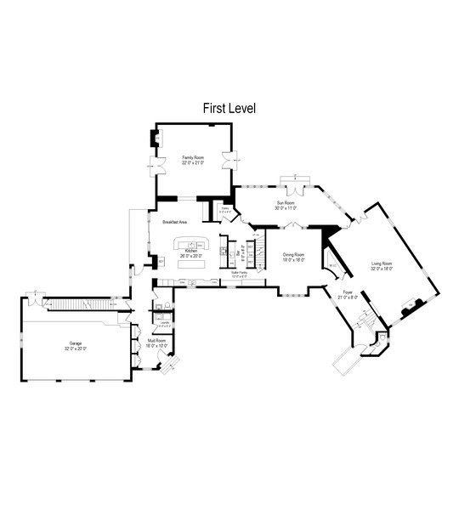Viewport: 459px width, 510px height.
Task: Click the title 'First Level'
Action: click(x=229, y=109)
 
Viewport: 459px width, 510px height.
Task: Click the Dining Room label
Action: click(x=294, y=256)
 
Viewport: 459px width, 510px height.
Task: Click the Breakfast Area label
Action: click(x=174, y=221)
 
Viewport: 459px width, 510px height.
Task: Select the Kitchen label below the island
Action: click(x=191, y=252)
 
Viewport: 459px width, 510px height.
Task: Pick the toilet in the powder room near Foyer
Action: click(x=382, y=338)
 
